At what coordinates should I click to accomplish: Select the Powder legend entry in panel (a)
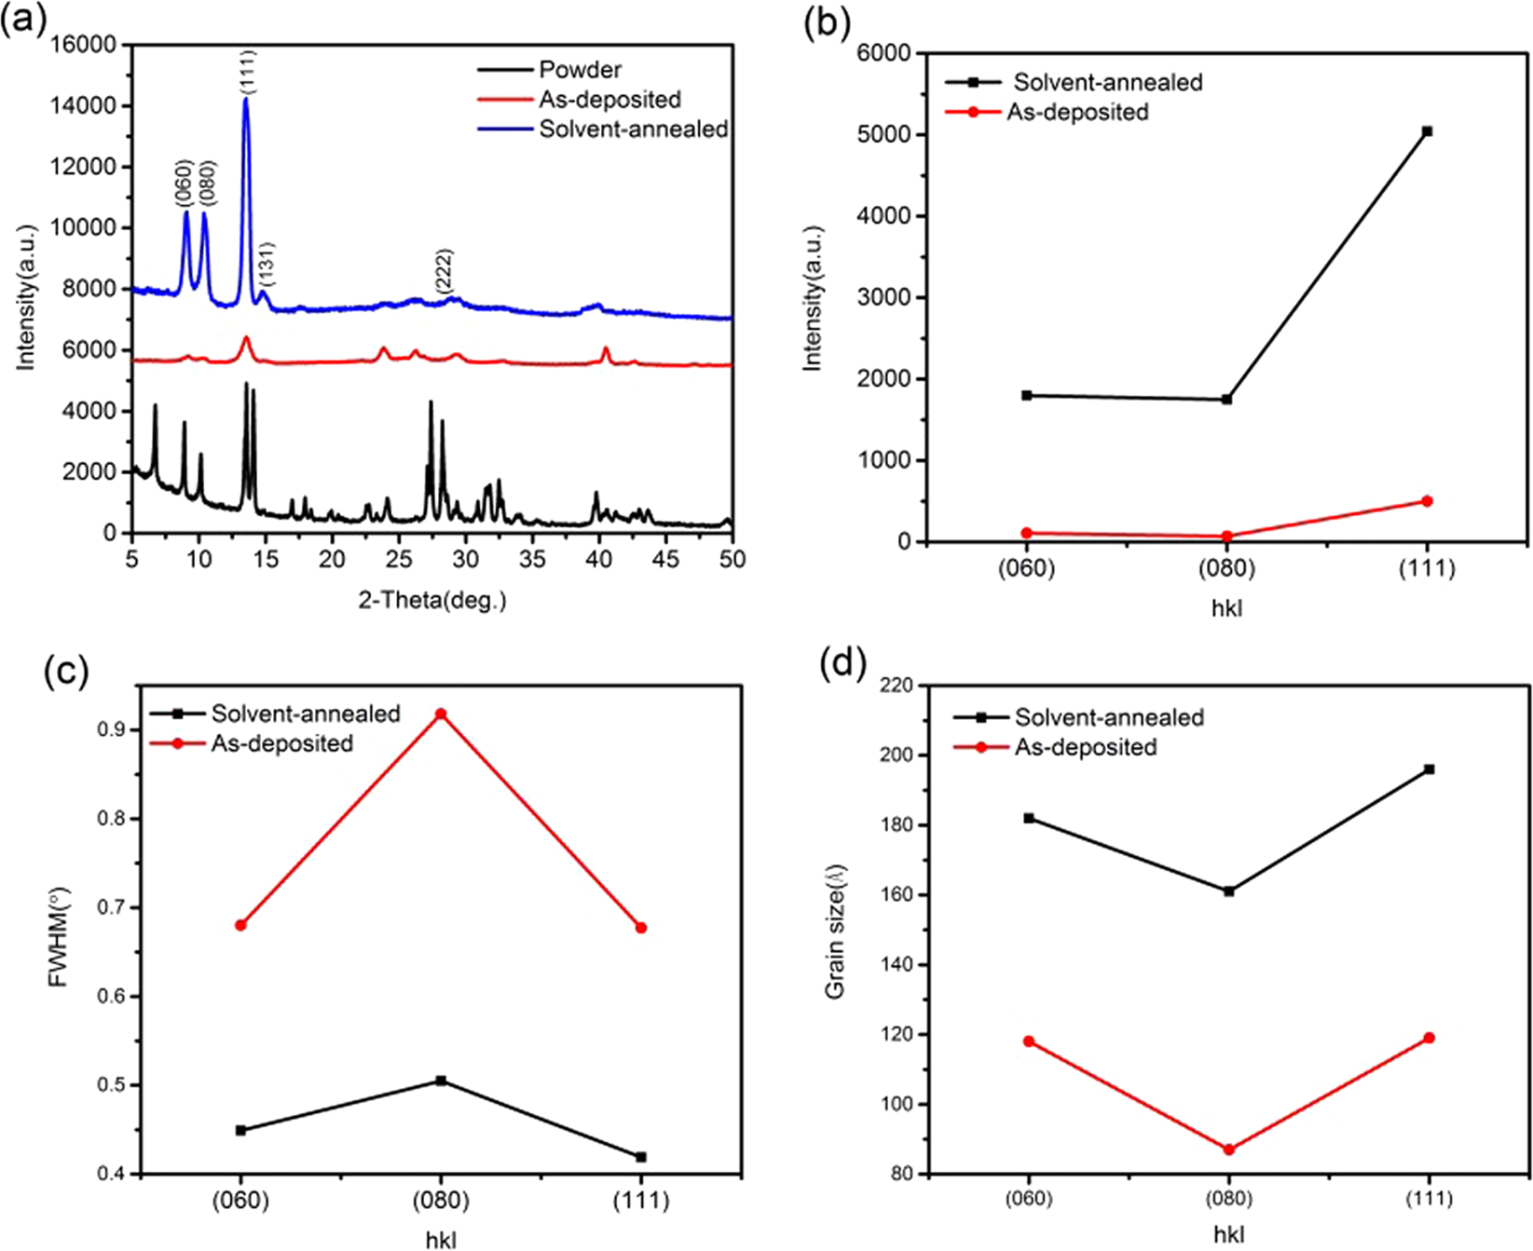click(x=580, y=70)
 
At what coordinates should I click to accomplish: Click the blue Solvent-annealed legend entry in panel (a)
click(x=633, y=129)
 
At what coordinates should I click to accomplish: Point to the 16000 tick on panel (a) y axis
click(x=84, y=45)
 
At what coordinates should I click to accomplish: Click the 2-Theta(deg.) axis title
click(x=432, y=600)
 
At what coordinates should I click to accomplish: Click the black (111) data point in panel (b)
click(x=1427, y=131)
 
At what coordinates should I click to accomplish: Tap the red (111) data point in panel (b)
click(x=1427, y=501)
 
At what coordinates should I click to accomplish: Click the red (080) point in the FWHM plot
click(x=442, y=714)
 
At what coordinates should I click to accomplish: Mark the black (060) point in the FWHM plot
click(x=241, y=1130)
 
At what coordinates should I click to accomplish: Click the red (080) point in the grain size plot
click(x=1229, y=1149)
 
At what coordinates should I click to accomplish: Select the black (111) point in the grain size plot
click(x=1429, y=769)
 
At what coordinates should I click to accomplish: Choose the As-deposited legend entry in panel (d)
click(x=1085, y=747)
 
